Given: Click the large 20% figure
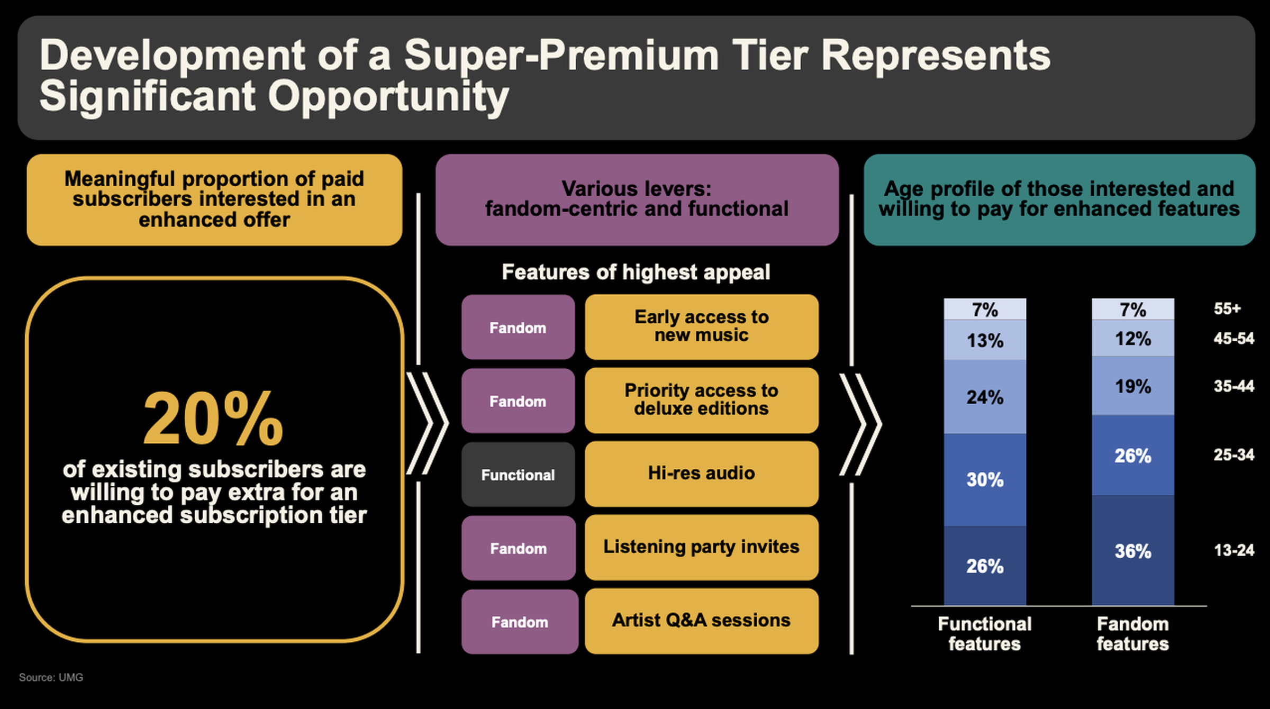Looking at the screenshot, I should [213, 420].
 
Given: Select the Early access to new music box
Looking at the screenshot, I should [701, 326].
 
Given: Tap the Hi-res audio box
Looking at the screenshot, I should [701, 474].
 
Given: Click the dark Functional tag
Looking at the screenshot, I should [518, 475].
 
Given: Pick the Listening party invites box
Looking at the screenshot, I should [701, 547].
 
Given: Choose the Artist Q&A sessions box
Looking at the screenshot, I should [701, 621].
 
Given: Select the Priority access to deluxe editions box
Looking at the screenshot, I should [701, 400].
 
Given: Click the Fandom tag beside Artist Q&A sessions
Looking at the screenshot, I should [519, 622].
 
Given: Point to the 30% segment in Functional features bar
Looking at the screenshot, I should [985, 480].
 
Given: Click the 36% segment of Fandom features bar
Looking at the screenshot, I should [1132, 551].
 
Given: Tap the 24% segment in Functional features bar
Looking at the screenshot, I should [985, 397].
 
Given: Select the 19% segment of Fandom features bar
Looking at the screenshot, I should [1132, 386].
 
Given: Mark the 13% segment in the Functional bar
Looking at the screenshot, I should [985, 340].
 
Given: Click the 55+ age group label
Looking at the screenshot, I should [1227, 308].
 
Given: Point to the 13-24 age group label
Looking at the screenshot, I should [1233, 550].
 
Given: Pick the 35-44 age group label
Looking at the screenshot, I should [1233, 386].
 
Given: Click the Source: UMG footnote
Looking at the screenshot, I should [51, 677].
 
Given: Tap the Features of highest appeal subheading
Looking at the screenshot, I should [636, 272].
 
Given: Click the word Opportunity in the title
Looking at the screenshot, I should [388, 97].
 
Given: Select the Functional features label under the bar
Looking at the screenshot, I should [984, 634].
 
